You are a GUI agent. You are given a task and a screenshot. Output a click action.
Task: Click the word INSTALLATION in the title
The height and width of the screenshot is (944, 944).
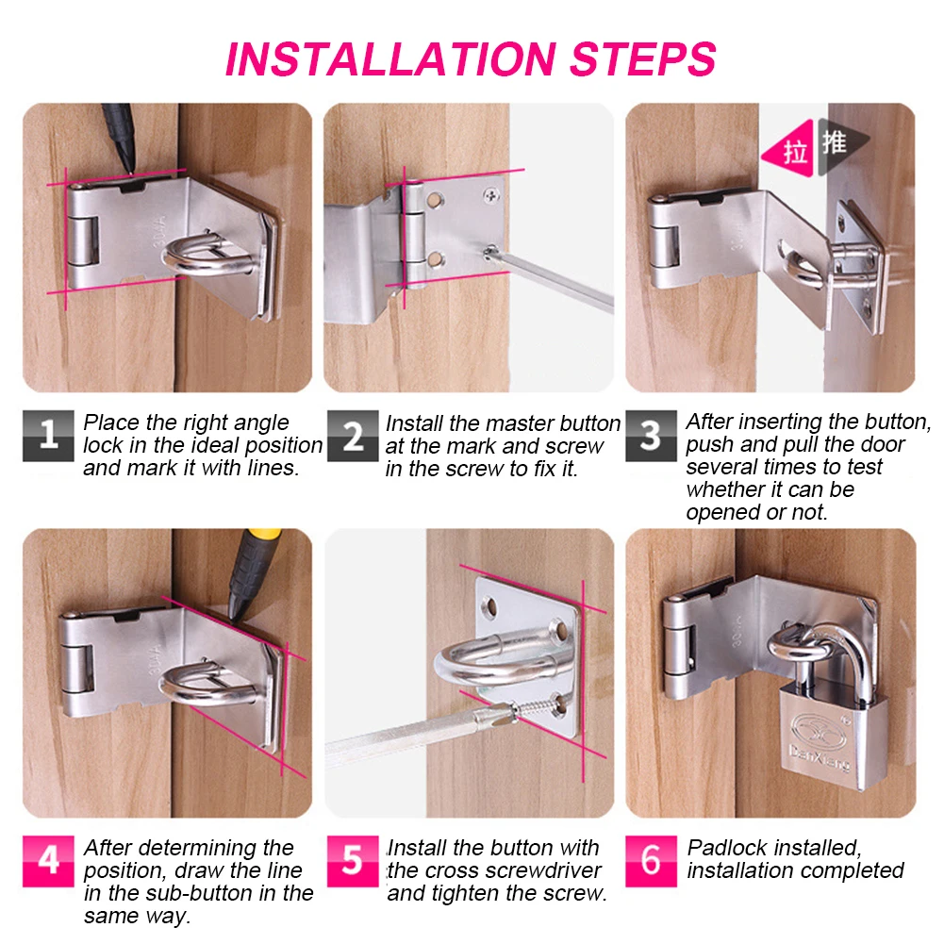(x=390, y=59)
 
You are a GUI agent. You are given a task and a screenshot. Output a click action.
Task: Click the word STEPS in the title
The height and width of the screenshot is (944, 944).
(x=643, y=59)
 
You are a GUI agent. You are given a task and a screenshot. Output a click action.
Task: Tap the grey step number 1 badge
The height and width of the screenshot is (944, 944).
(x=48, y=436)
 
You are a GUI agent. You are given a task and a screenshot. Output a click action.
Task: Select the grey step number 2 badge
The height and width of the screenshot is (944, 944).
(x=353, y=436)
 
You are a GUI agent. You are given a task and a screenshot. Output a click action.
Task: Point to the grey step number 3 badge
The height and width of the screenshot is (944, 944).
(x=651, y=436)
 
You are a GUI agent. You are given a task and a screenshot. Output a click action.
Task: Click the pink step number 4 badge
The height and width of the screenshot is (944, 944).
(x=48, y=861)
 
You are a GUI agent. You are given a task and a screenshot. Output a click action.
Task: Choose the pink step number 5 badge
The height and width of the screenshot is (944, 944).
(x=353, y=861)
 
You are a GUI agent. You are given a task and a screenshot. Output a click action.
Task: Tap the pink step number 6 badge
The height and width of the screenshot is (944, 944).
(x=651, y=861)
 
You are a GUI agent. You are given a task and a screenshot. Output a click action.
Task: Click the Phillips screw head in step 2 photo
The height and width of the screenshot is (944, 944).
(x=492, y=194)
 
